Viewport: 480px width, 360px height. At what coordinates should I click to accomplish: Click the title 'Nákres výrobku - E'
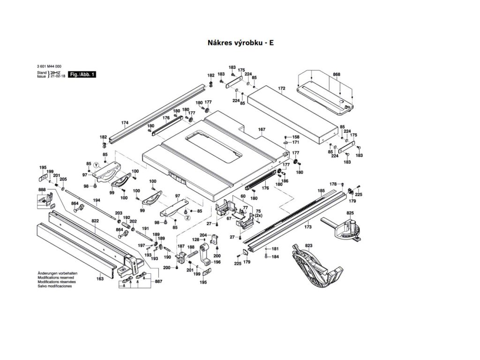coord(240,43)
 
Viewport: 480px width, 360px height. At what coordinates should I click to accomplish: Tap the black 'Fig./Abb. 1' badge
coord(82,75)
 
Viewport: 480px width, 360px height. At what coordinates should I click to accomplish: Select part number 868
coord(337,75)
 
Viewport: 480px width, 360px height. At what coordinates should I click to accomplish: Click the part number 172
coord(282,88)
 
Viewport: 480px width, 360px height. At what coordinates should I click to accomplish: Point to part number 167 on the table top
coord(262,130)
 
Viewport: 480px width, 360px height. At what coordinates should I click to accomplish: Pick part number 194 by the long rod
coord(97,200)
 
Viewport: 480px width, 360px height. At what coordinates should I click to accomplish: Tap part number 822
coord(95,221)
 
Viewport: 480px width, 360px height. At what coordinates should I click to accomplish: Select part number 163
coord(100,278)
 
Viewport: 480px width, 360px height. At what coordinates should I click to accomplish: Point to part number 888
coord(42,190)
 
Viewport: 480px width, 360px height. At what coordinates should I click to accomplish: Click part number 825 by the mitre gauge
coord(350,214)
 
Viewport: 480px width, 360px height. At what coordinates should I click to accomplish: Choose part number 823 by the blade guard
coord(308,246)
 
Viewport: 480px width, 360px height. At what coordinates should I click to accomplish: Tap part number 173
coord(307,227)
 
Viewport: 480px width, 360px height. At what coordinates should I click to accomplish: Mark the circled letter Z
coord(187,218)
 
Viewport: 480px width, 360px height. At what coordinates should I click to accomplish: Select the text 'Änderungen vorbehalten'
coord(58,273)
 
